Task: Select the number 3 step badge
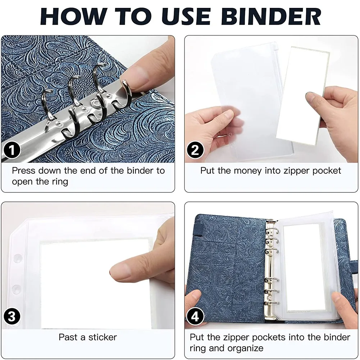[x=13, y=316]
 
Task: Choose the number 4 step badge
[x=195, y=316]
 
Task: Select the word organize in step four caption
[x=243, y=348]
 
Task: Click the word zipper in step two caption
[x=295, y=170]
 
